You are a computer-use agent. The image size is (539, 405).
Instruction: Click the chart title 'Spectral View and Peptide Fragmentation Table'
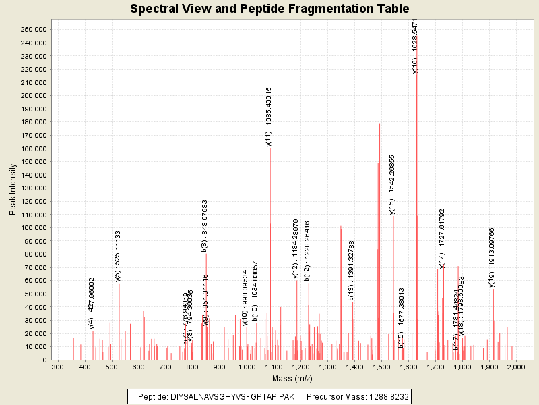(x=269, y=9)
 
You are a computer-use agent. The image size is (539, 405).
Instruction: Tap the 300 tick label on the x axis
(x=58, y=367)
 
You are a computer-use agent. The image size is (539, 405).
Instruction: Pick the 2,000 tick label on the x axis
(x=515, y=367)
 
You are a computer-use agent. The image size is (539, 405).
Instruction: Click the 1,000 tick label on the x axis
(x=247, y=367)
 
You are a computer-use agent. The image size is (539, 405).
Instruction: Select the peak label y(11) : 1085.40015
(x=269, y=117)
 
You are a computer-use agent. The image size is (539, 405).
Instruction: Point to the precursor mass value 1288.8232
(x=382, y=396)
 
